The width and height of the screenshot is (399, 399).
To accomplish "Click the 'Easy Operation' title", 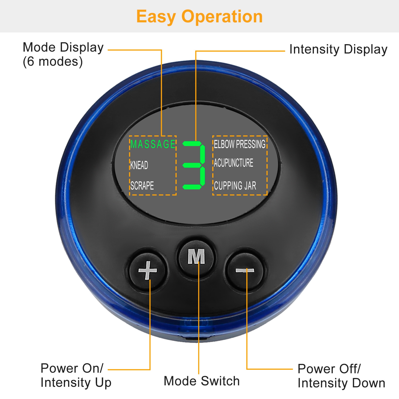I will pos(199,16).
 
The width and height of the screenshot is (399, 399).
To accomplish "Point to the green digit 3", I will pos(194,165).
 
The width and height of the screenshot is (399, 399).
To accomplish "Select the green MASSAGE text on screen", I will pos(153,144).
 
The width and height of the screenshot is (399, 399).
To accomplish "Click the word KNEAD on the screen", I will pos(139,165).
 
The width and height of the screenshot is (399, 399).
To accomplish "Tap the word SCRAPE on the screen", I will pos(142,185).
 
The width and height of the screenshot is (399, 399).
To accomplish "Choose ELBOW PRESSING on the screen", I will pos(240,144).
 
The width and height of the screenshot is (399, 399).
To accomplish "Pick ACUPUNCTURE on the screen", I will pos(234,163).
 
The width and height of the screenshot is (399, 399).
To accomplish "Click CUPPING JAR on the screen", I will pos(235,186).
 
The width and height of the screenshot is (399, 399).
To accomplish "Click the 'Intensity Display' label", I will pos(338,49).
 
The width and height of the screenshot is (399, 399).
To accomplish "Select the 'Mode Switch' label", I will pos(202,381).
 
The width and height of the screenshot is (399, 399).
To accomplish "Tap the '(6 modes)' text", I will pos(53,62).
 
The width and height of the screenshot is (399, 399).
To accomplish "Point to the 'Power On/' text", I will pos(72,368).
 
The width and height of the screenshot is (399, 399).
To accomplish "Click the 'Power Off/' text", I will pos(329,369).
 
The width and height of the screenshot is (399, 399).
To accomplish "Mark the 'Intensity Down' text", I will pos(341,383).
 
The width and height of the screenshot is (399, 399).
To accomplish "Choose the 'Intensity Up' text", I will pos(76,383).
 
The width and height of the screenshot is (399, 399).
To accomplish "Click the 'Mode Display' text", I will pos(63,48).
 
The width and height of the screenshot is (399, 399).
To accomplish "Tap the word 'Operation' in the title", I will pos(222,16).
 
